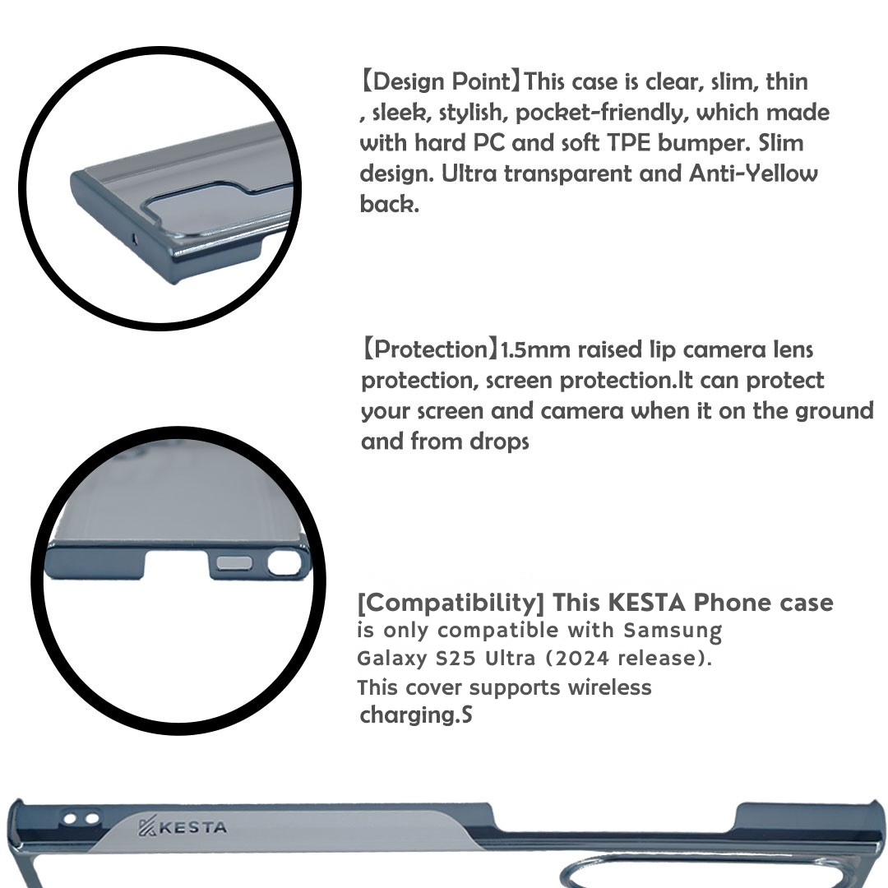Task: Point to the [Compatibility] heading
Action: point(451,603)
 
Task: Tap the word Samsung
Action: point(673,631)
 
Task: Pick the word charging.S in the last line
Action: point(416,715)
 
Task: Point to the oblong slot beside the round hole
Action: point(237,563)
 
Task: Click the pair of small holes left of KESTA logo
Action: point(81,819)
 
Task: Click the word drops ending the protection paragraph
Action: point(499,442)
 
